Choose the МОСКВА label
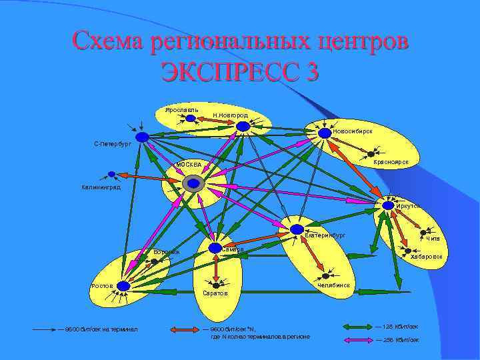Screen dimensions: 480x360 tap(187, 165)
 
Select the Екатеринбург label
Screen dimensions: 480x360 tap(325, 235)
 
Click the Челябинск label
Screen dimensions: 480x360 tap(333, 286)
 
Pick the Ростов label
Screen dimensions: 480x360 tap(102, 285)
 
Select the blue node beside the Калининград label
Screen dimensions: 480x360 tap(111, 175)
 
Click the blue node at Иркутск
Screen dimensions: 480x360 tap(388, 206)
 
